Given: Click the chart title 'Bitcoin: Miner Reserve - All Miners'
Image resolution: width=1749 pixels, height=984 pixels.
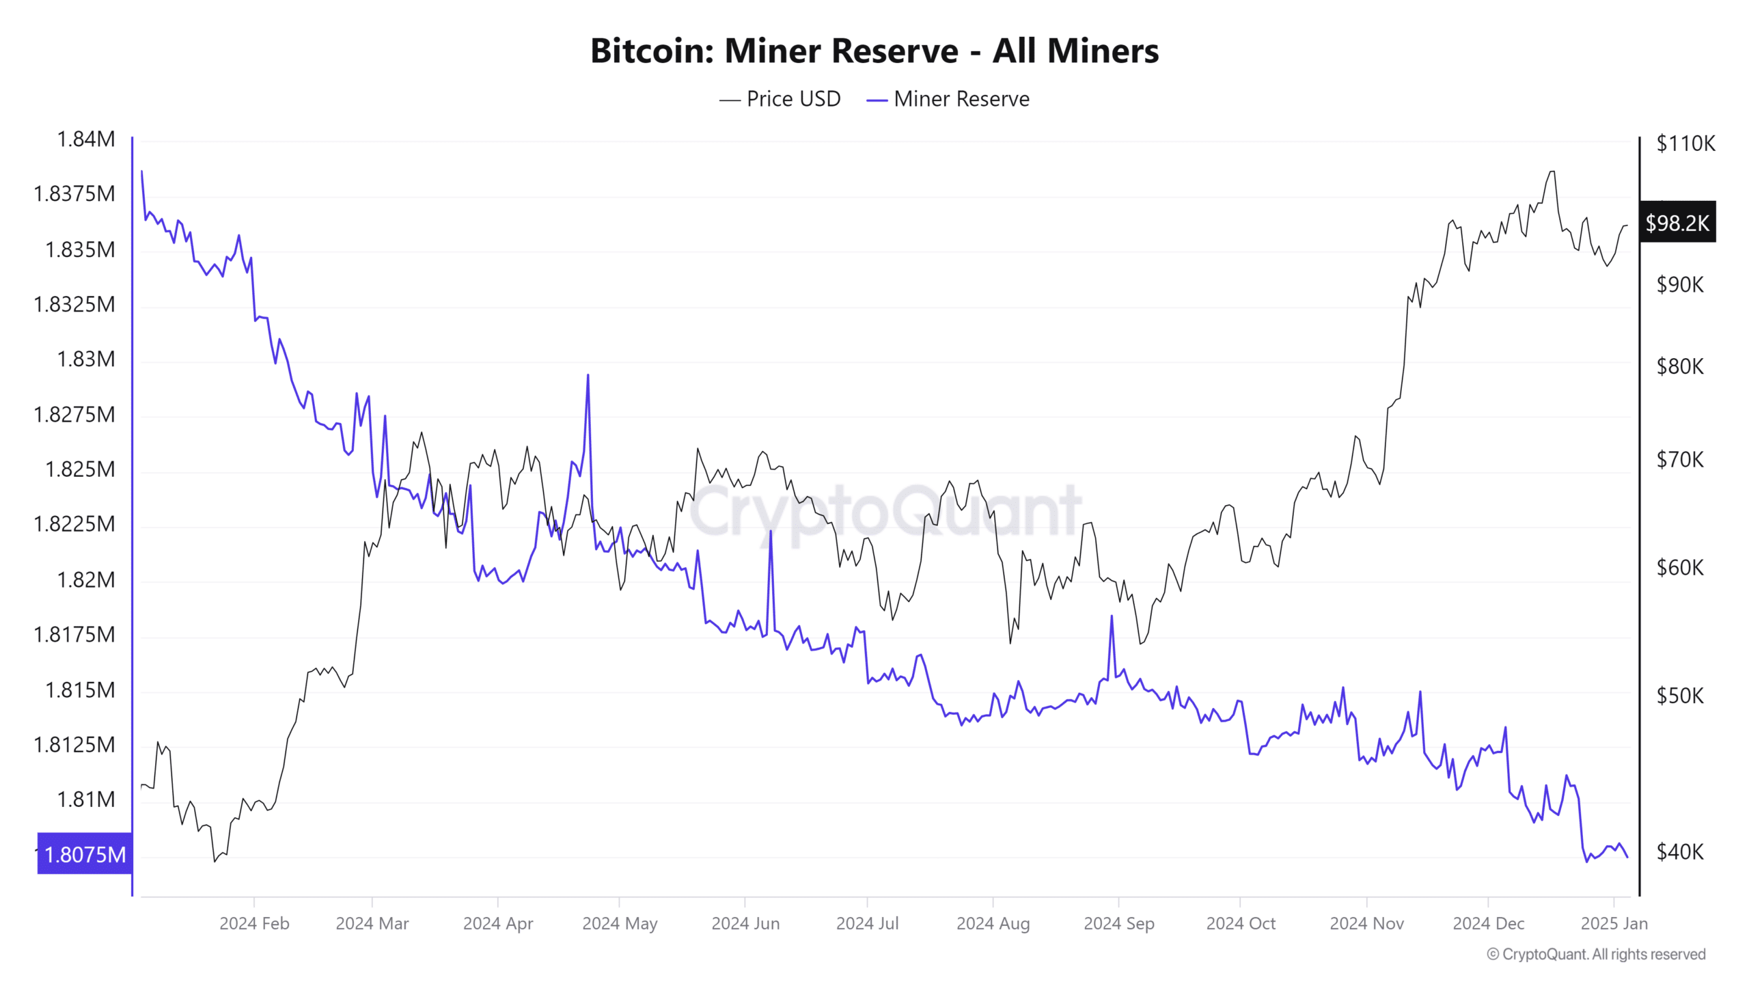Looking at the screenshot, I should click(874, 51).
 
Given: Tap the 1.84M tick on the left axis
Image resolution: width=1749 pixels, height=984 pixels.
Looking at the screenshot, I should click(86, 139).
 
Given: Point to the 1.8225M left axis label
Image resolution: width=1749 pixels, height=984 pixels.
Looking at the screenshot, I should click(74, 524).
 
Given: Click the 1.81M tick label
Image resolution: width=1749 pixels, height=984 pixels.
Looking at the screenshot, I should click(86, 799).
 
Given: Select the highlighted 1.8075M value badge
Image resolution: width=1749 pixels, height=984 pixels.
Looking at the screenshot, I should click(85, 854).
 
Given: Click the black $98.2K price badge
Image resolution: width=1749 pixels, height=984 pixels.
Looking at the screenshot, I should click(1677, 223).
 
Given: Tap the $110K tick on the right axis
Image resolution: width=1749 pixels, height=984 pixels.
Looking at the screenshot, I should click(1685, 143).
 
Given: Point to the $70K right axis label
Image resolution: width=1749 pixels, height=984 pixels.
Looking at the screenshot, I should click(1680, 460).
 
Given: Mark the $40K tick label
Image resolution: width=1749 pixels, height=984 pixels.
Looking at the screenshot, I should click(1680, 852).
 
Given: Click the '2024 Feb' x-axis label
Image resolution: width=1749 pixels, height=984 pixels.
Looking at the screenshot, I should click(254, 924).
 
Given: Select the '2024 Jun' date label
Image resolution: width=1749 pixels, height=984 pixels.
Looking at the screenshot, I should click(745, 924).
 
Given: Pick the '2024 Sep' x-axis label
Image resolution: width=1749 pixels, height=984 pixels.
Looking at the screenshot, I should click(1118, 924).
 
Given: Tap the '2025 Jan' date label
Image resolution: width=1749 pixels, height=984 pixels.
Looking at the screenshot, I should click(1614, 924).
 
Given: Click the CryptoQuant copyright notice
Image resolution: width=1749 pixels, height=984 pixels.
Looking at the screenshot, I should click(1596, 955).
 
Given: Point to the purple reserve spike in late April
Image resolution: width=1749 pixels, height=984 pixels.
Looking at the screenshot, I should click(588, 375).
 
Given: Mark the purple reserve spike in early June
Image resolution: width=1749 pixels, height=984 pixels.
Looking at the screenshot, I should click(771, 532).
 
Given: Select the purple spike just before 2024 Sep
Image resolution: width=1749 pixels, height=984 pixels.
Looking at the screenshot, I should click(1112, 616).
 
